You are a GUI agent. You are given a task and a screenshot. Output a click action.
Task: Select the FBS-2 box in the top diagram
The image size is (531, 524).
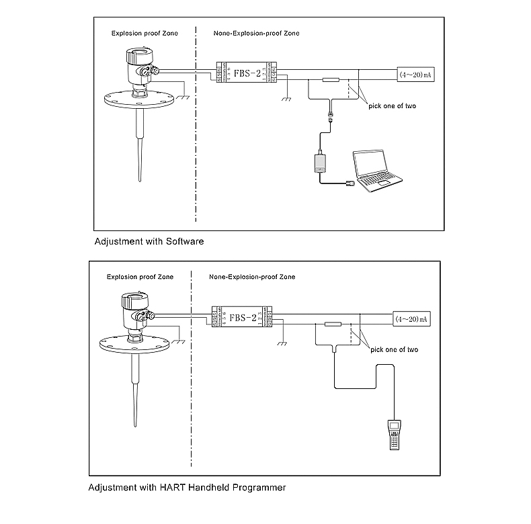245,72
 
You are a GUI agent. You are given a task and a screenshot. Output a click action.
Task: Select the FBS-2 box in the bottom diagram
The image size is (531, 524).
241,317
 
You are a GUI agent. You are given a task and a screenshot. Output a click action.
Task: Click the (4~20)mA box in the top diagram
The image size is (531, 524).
415,74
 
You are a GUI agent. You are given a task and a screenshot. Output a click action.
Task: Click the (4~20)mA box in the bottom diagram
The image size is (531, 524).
409,319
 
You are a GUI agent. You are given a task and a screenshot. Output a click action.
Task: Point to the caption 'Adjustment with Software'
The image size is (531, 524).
149,240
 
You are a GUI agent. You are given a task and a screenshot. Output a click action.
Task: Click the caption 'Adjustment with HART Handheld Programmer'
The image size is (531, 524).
187,487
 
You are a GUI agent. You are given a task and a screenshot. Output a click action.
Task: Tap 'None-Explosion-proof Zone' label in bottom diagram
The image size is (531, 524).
251,277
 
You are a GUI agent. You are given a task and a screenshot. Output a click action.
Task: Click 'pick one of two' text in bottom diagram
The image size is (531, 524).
395,349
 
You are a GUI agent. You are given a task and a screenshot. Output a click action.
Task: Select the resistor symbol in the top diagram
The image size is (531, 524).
329,81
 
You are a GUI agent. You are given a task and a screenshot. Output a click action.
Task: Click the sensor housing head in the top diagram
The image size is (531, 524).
139,60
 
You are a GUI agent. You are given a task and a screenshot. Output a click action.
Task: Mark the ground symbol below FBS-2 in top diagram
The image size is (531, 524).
286,97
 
